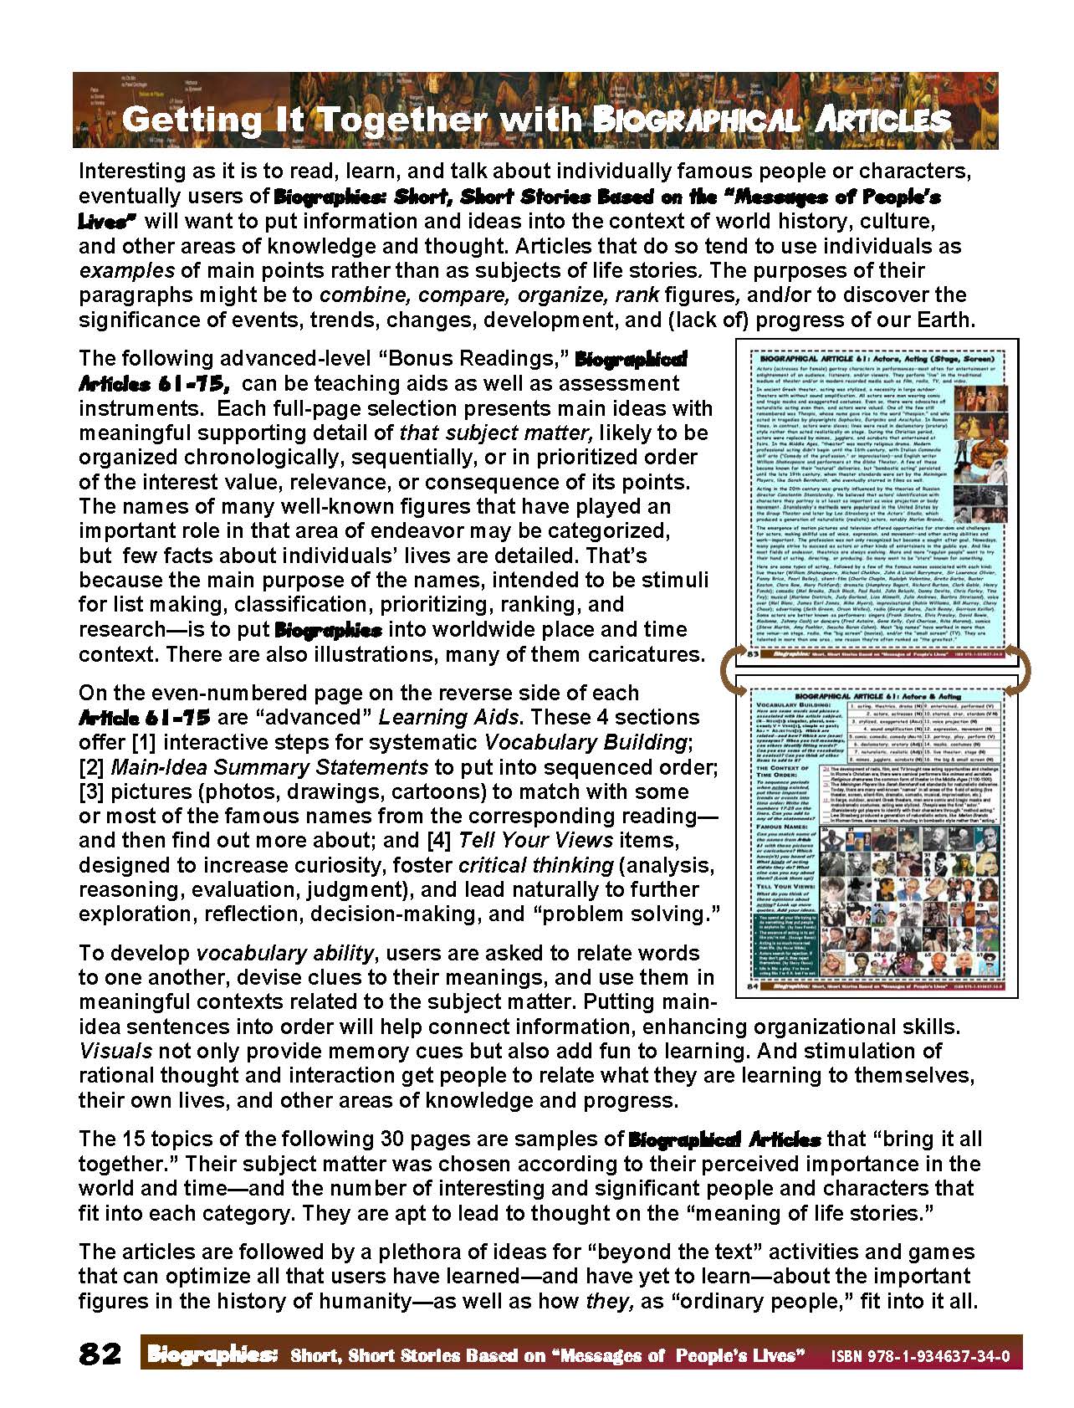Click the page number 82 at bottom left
click(x=100, y=1353)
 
